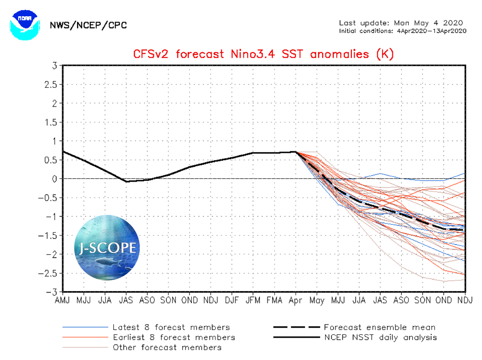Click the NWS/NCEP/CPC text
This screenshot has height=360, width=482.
point(88,25)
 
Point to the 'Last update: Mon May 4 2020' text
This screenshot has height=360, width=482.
point(401,23)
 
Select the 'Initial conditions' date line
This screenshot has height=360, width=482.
point(402,31)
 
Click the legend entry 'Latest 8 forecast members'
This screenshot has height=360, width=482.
point(171,328)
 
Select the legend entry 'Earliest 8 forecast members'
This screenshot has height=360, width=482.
point(174,337)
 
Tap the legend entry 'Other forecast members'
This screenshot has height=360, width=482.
point(167,347)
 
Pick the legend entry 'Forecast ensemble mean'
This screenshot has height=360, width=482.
point(379,328)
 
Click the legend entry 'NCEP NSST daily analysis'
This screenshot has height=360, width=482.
point(380,337)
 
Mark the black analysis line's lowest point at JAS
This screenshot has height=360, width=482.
point(126,182)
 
